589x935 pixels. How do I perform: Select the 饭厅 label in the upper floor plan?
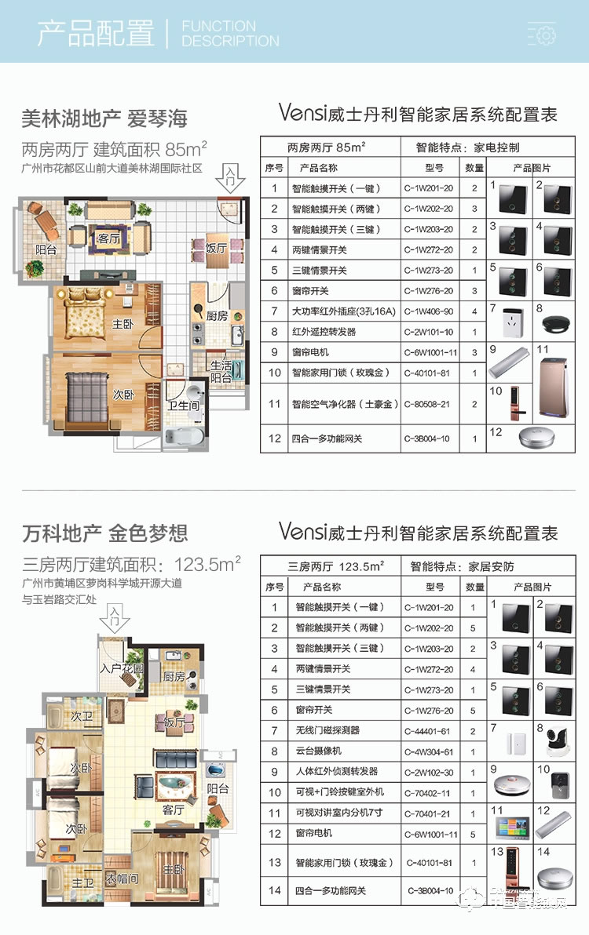pos(216,248)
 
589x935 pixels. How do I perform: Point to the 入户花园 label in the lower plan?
pos(122,668)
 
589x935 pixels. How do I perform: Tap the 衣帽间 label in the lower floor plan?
pos(122,879)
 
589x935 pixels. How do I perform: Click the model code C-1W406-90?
pos(429,311)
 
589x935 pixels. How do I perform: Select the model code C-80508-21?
pos(429,405)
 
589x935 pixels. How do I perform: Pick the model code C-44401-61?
pos(429,730)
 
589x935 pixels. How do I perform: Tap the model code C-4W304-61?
pos(429,751)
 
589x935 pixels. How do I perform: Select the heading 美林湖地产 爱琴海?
pos(104,119)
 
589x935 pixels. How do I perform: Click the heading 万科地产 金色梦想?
pos(105,534)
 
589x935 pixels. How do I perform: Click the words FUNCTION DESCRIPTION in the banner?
pos(229,34)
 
